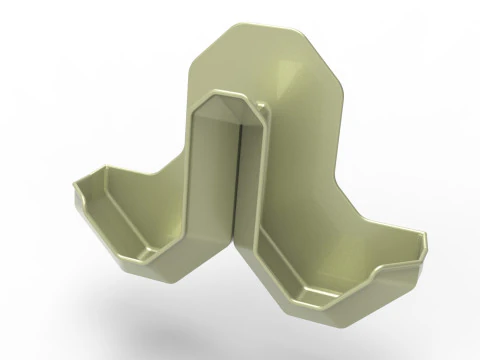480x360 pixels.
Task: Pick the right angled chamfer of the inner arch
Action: [257, 111]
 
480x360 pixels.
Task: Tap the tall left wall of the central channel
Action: [212, 170]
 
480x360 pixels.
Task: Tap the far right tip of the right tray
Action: [427, 240]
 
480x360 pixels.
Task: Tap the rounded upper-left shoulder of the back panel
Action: [200, 45]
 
